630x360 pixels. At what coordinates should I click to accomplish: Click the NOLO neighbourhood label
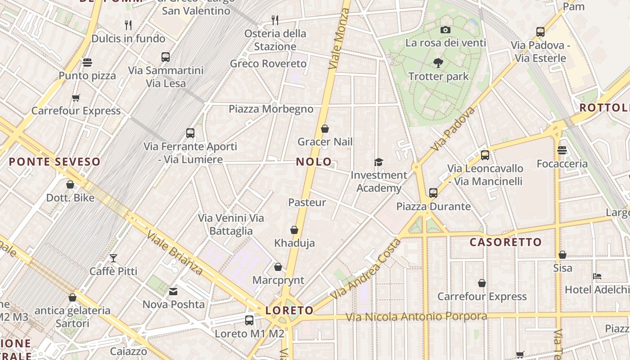point(314,162)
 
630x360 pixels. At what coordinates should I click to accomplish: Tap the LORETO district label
point(289,310)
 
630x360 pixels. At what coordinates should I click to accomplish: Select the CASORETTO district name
point(506,242)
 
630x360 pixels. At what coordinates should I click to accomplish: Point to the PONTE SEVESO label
point(54,162)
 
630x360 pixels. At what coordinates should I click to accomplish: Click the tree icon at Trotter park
point(438,63)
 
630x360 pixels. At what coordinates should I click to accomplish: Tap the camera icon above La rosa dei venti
point(445,30)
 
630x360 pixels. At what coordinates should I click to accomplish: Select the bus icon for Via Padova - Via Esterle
point(540,32)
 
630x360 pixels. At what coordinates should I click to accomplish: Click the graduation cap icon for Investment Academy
point(378,162)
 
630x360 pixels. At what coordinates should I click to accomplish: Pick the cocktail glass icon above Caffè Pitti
point(113,258)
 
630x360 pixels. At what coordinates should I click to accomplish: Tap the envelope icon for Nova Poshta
point(173,292)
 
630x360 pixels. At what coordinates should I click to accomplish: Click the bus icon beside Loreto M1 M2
point(249,320)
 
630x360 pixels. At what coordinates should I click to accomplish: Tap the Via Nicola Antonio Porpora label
point(416,317)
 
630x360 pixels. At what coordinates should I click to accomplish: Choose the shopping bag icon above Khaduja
point(294,230)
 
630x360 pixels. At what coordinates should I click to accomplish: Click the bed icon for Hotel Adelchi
point(597,276)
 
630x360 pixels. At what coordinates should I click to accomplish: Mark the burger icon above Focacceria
point(562,150)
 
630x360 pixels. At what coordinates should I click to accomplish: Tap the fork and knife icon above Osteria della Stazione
point(275,20)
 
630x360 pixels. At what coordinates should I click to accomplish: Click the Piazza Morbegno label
point(271,109)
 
